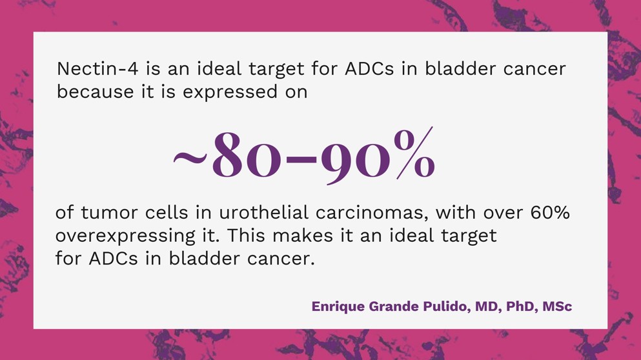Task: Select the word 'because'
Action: tap(96, 92)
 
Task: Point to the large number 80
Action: tap(247, 155)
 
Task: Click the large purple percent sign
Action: tap(414, 153)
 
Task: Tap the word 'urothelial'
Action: tap(263, 213)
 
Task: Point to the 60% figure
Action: tap(550, 213)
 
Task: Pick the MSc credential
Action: tap(557, 306)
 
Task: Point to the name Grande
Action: tap(394, 306)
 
